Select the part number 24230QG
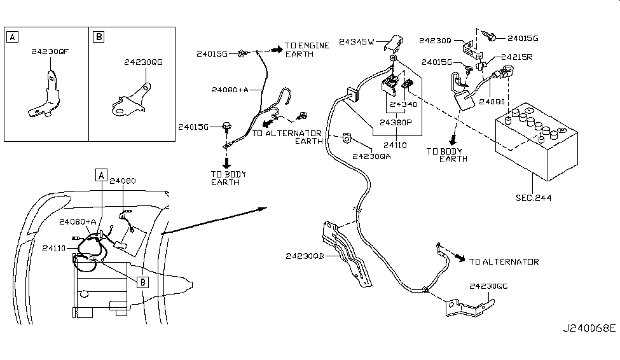click(143, 62)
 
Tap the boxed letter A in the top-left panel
click(13, 38)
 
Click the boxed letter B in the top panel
click(99, 38)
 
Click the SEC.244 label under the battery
click(534, 198)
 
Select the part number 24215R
click(516, 57)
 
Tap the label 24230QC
click(489, 286)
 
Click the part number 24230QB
click(305, 256)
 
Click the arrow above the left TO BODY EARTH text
click(226, 162)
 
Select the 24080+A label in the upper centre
click(229, 90)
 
